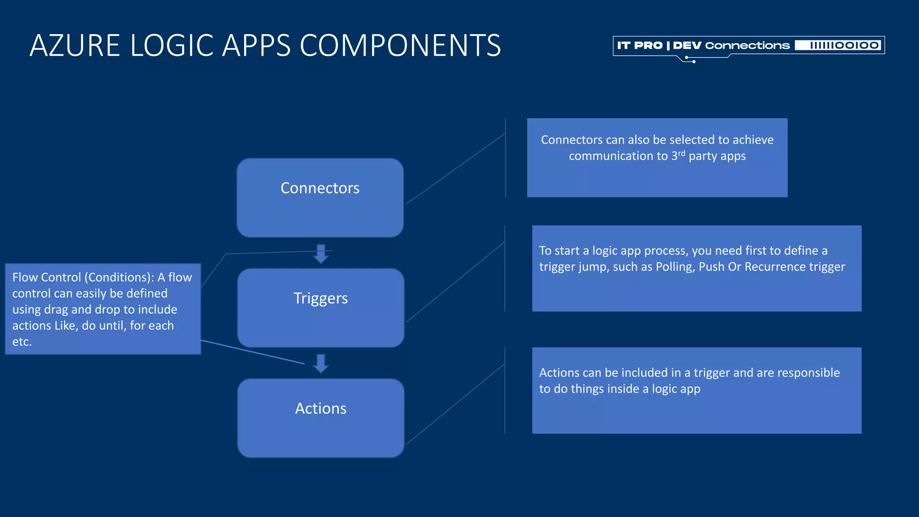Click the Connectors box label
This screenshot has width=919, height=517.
point(320,188)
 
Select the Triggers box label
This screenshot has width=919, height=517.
point(320,298)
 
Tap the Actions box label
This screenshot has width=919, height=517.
point(320,408)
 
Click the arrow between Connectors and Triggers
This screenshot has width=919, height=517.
point(321,254)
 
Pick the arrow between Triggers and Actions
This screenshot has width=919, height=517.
point(321,364)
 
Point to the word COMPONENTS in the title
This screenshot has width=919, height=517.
point(400,46)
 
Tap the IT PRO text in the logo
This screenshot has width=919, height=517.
point(639,45)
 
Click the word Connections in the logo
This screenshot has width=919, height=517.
point(747,45)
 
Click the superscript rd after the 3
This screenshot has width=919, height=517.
point(682,153)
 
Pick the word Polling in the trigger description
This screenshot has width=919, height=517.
point(674,267)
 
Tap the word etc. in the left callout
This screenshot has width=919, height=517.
point(22,342)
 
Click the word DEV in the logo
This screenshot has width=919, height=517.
point(687,45)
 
